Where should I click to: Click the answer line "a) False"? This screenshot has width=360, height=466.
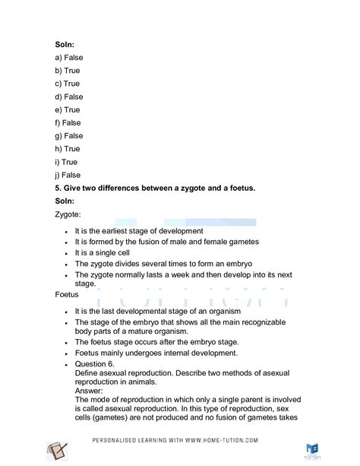point(69,58)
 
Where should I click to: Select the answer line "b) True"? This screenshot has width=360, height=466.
point(68,71)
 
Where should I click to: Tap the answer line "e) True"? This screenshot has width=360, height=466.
point(68,109)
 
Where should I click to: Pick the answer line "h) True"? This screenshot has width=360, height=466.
point(68,149)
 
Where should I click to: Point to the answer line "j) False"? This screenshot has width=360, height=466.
point(68,175)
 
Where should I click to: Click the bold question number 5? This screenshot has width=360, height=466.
point(58,188)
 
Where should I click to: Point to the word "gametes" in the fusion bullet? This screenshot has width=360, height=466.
point(241,241)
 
